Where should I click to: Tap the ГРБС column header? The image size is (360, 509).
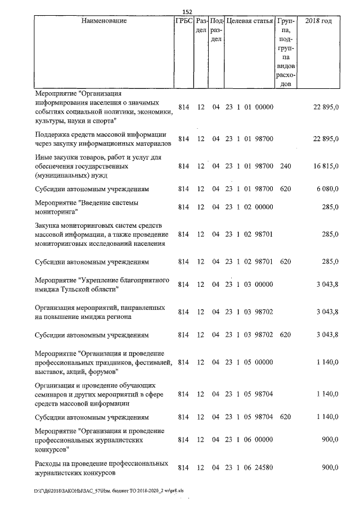[x=183, y=21]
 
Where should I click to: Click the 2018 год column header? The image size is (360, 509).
[x=318, y=21]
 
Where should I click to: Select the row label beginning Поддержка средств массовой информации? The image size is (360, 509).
[x=100, y=138]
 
